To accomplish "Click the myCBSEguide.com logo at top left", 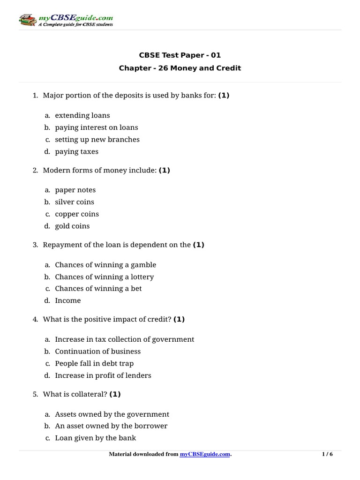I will tap(66, 20).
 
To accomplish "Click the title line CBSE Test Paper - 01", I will tap(180, 55).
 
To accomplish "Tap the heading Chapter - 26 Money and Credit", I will tap(180, 68).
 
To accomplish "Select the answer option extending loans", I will tap(82, 115).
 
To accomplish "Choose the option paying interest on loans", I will tap(97, 127).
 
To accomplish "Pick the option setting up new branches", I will tap(97, 139).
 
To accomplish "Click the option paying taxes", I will tap(76, 151).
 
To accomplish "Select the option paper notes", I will tap(75, 190).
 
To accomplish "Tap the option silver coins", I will tap(75, 202).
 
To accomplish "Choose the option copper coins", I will tap(77, 214).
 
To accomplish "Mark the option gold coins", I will tap(72, 226).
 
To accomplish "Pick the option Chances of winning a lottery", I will tap(104, 277).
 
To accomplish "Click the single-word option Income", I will tap(68, 300).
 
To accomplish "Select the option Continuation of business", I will tap(97, 351).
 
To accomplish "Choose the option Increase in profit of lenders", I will tap(103, 375).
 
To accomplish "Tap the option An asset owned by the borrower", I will tap(111, 426).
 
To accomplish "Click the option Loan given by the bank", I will tap(96, 438).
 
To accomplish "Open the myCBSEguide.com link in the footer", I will tap(205, 454).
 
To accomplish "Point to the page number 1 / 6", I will tap(327, 454).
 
